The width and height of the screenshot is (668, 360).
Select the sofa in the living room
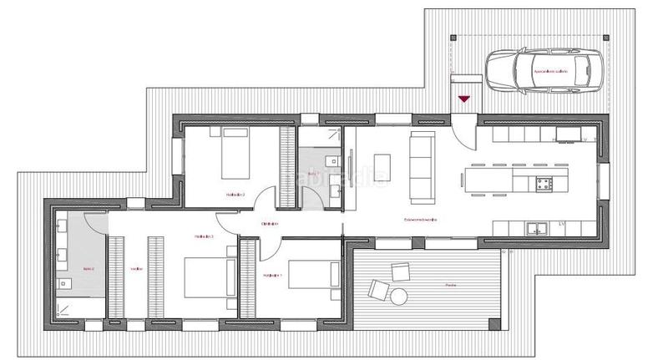pos(422,168)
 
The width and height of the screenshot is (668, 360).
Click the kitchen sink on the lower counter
pos(536,227)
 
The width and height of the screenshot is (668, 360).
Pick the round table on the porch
pos(399,295)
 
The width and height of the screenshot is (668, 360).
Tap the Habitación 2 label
pos(235,195)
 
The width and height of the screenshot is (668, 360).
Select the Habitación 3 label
pos(205,237)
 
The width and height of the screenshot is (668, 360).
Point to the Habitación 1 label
pos(272,274)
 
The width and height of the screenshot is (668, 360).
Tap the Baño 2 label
pos(89,268)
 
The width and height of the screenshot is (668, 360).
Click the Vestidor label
pos(136,269)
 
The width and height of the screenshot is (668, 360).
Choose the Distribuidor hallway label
pos(269,224)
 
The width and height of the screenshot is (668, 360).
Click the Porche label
pos(450,285)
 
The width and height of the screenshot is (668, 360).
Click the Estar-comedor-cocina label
pos(421,219)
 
